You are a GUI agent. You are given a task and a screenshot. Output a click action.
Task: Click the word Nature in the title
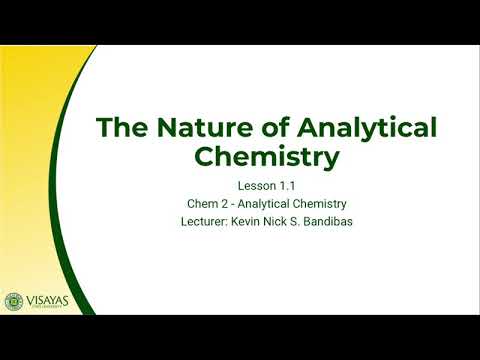189,128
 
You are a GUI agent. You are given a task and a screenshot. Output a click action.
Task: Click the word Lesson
254,186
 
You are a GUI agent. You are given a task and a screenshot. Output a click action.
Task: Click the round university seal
14,301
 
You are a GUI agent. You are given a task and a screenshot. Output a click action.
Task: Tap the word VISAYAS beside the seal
51,298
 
